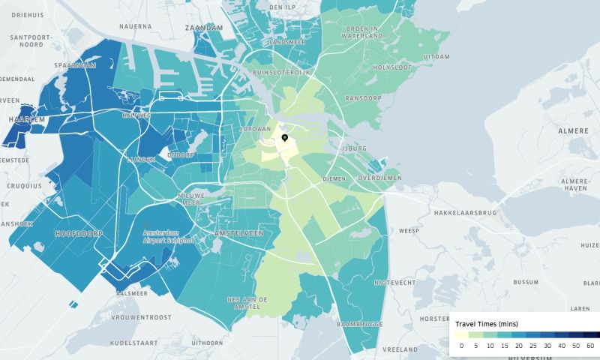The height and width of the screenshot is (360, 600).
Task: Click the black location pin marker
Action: click(x=285, y=138)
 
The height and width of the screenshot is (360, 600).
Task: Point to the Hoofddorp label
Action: click(x=79, y=234)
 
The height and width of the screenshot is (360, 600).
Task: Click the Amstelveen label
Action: click(x=238, y=233)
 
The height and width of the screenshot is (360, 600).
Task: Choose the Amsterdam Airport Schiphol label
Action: click(x=169, y=236)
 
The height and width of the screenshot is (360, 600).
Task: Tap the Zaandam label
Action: click(x=203, y=28)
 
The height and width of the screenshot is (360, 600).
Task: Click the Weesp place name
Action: click(x=409, y=230)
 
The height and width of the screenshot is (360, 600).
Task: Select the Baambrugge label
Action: click(x=361, y=323)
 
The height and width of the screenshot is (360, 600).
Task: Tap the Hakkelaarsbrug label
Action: click(x=466, y=213)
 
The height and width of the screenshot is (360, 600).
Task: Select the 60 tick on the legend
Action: click(x=590, y=346)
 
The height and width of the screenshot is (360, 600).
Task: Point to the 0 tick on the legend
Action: click(x=461, y=346)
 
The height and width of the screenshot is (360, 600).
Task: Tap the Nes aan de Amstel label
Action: click(x=247, y=303)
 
